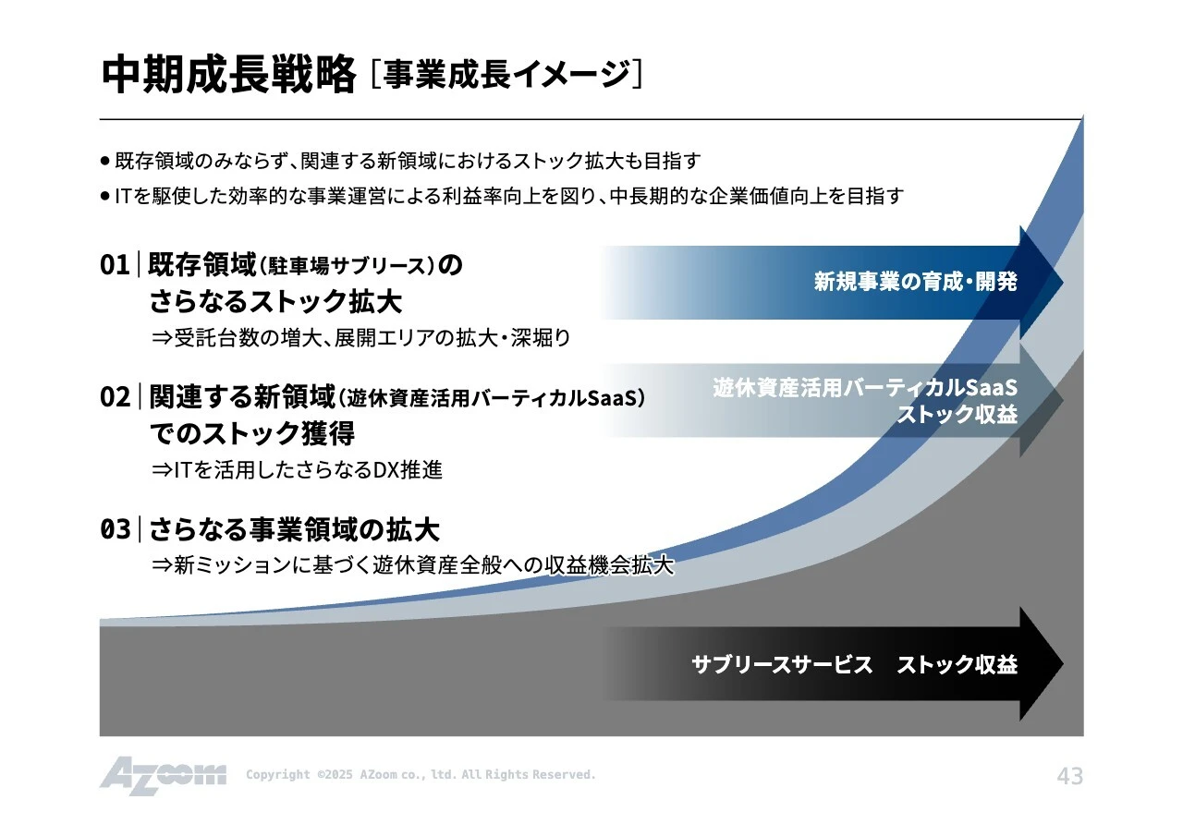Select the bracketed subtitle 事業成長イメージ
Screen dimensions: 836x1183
click(506, 74)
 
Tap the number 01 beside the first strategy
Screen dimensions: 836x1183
click(115, 266)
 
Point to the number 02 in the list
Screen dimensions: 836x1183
click(115, 398)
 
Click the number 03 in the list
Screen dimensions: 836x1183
click(115, 530)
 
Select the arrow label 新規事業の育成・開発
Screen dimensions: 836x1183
click(915, 282)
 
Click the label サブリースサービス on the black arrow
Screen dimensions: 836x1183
click(782, 664)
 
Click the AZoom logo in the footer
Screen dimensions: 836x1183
click(163, 775)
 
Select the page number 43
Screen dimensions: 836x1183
click(1069, 776)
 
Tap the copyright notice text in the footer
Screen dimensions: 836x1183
click(421, 775)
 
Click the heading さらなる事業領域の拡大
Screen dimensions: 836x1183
click(294, 530)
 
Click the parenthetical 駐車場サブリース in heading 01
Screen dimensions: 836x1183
click(347, 267)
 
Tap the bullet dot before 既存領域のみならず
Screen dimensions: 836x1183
click(105, 161)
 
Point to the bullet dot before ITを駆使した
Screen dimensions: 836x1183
click(105, 196)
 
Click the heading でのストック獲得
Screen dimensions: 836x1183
click(251, 433)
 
